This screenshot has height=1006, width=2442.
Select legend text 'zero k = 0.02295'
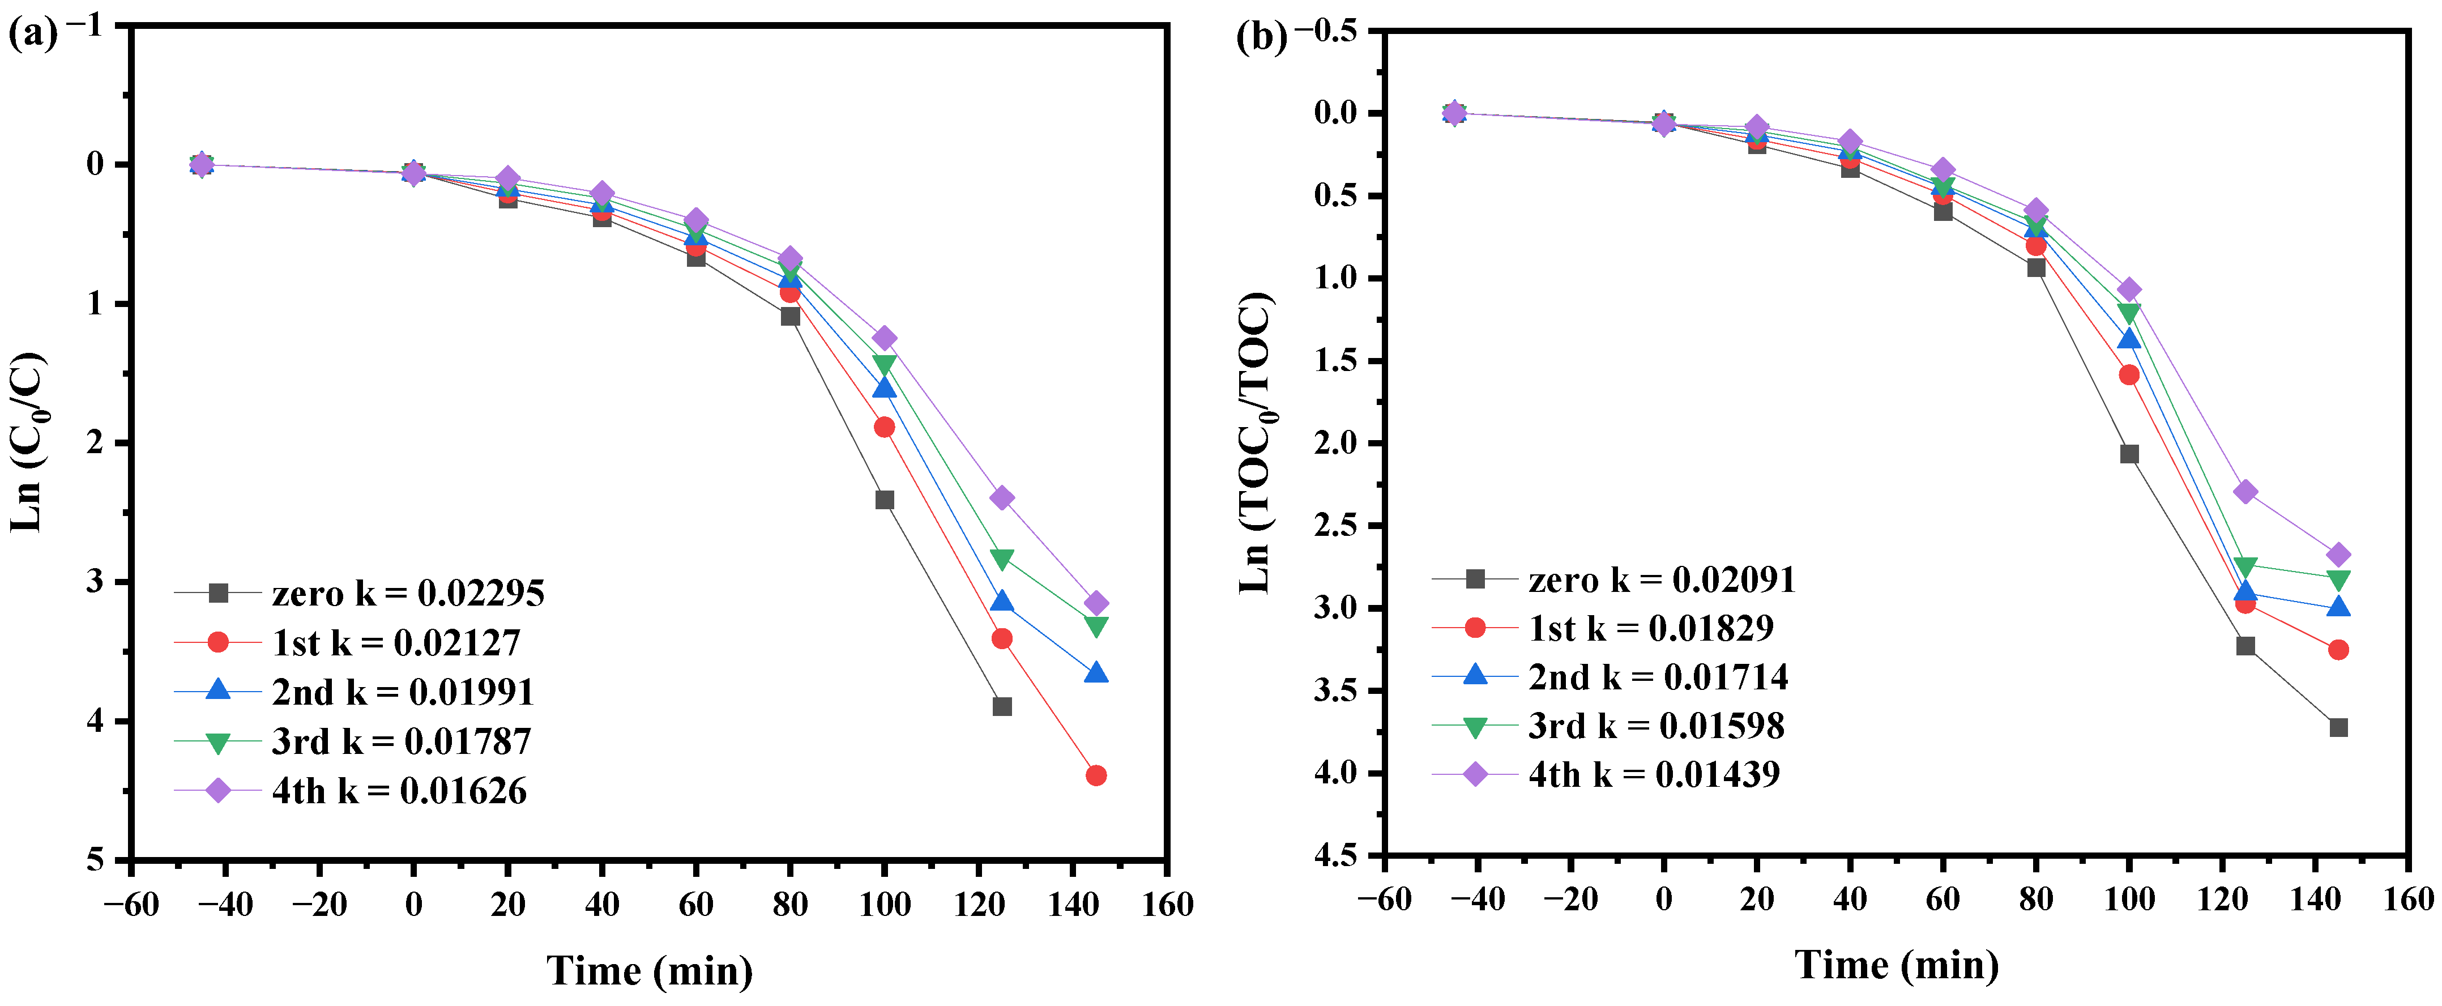tap(408, 594)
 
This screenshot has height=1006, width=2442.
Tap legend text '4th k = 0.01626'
tap(399, 791)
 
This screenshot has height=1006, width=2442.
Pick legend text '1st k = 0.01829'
tap(1650, 628)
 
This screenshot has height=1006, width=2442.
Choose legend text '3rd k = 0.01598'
tap(1656, 726)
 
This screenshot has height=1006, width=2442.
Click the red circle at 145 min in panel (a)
tap(1096, 775)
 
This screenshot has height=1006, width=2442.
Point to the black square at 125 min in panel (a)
tap(1002, 706)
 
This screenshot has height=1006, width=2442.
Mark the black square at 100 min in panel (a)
tap(885, 500)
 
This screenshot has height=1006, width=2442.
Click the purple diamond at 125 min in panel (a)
tap(1002, 498)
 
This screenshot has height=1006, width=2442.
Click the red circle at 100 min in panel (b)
tap(2129, 374)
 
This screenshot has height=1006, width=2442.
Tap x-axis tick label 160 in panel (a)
tap(1167, 905)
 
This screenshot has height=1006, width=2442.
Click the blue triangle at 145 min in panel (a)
tap(1096, 673)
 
